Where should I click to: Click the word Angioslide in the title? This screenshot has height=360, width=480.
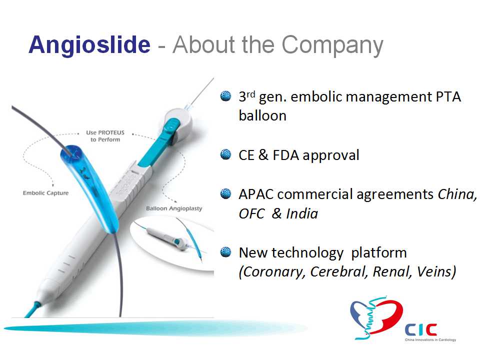pyautogui.click(x=89, y=45)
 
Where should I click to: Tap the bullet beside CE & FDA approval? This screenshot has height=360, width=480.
pyautogui.click(x=225, y=154)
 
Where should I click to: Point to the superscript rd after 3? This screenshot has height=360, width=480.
pyautogui.click(x=250, y=93)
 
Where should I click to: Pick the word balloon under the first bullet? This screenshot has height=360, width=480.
pyautogui.click(x=262, y=115)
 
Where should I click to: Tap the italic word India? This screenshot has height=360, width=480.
pyautogui.click(x=302, y=213)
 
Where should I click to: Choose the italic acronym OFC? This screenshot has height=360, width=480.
pyautogui.click(x=251, y=213)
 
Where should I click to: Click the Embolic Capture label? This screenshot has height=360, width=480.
pyautogui.click(x=45, y=193)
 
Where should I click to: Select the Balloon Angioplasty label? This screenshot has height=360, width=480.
pyautogui.click(x=174, y=208)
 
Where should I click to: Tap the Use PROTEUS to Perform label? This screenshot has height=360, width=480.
pyautogui.click(x=105, y=136)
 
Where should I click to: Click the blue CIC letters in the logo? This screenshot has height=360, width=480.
pyautogui.click(x=420, y=330)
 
